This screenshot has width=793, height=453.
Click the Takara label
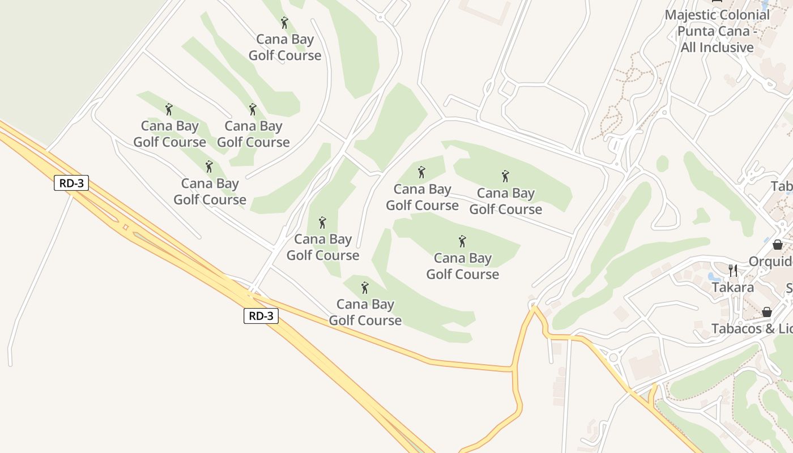click(x=733, y=288)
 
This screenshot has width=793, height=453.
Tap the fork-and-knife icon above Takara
click(x=733, y=270)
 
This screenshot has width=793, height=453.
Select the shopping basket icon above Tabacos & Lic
click(x=766, y=312)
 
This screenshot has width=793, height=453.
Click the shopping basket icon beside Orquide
click(x=778, y=245)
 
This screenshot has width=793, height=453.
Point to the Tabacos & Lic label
click(x=752, y=328)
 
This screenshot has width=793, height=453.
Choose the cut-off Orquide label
click(x=770, y=262)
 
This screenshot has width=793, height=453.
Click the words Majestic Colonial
click(x=717, y=15)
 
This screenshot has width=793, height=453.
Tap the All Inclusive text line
click(x=717, y=48)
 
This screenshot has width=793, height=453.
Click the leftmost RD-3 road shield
click(x=71, y=183)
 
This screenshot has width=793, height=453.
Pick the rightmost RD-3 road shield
click(x=261, y=315)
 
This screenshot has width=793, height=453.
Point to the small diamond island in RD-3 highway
click(x=125, y=227)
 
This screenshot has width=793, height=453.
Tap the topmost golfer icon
click(x=284, y=23)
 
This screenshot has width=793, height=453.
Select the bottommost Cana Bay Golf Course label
click(x=365, y=312)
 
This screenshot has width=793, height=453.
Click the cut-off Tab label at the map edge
click(x=782, y=186)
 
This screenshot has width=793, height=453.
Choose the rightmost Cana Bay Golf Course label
click(x=506, y=201)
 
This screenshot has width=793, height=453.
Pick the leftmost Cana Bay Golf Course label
click(x=169, y=134)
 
